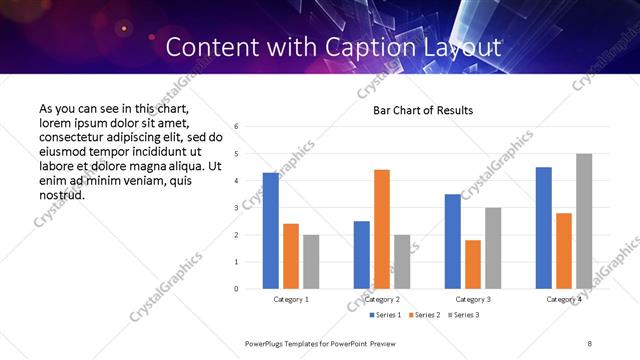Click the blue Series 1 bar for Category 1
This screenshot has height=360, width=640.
click(270, 230)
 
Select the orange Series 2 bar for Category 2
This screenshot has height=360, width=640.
click(382, 229)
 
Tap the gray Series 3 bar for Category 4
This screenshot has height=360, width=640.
click(584, 221)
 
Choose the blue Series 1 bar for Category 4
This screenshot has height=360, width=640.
click(544, 227)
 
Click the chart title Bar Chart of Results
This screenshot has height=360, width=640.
click(423, 110)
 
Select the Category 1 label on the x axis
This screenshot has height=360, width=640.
click(291, 299)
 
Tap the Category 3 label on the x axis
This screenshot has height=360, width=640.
click(473, 299)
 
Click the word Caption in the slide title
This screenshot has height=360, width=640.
click(390, 47)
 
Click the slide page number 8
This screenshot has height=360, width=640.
click(590, 343)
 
